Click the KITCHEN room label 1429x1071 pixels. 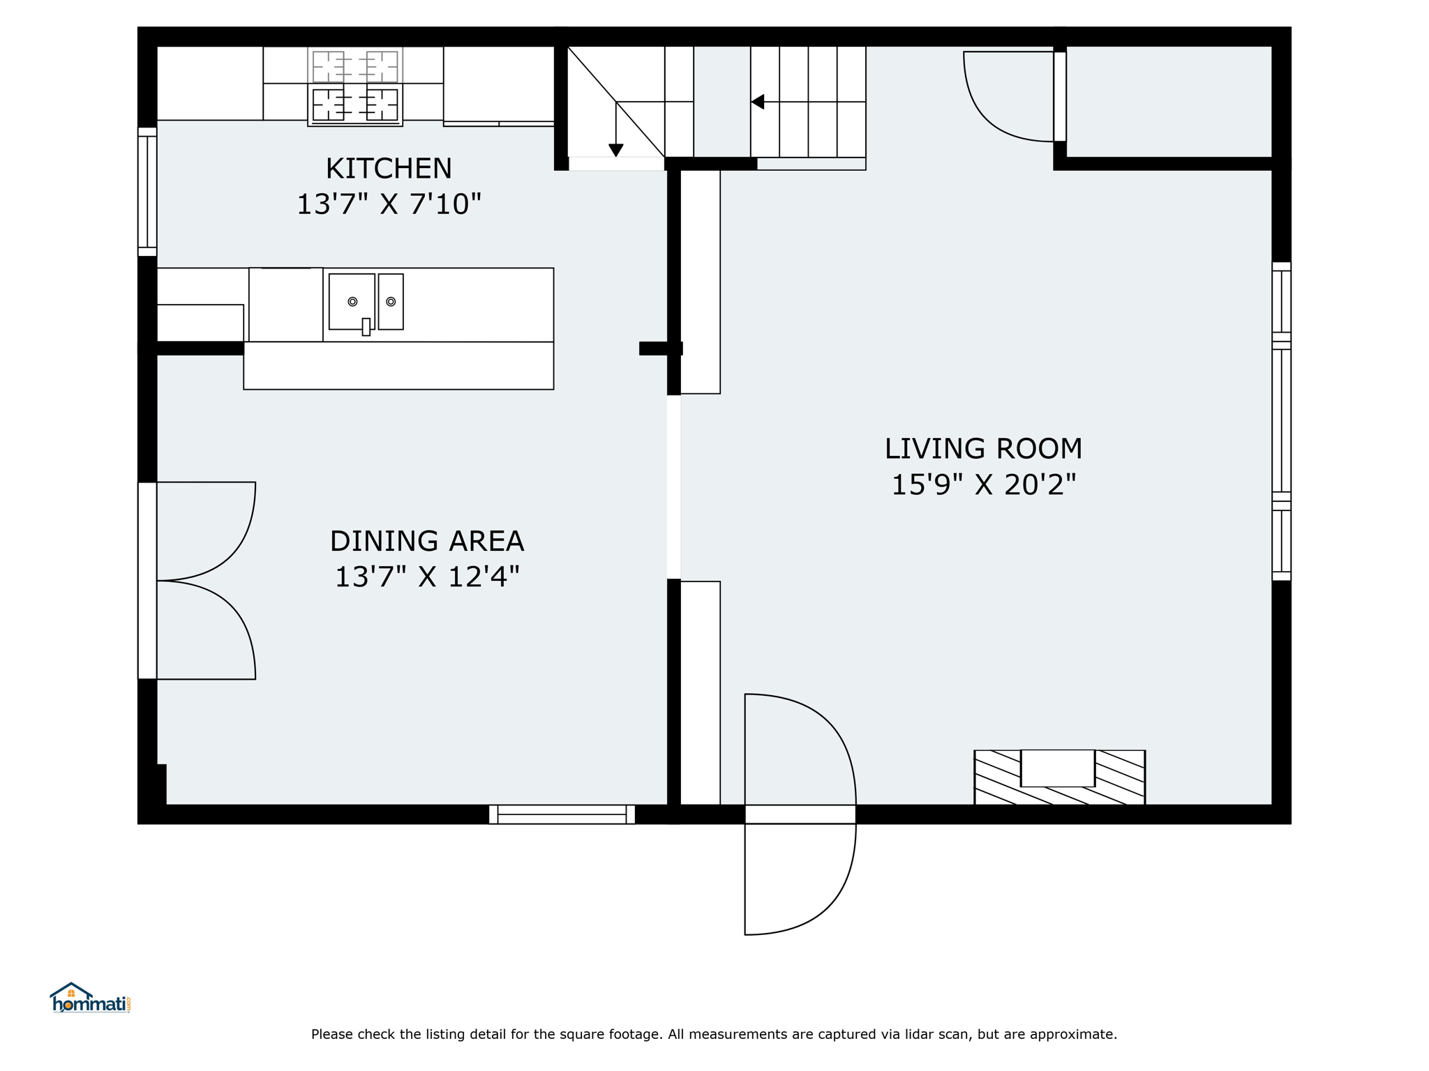pos(389,169)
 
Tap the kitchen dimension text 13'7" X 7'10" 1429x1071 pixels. pos(389,204)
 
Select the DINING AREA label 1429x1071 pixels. pos(427,541)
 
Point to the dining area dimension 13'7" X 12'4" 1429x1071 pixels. pos(427,577)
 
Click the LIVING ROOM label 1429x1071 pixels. pos(983,449)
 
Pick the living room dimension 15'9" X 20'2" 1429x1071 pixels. pos(984,485)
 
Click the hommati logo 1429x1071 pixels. pos(90,998)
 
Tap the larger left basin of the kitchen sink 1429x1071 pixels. pos(352,301)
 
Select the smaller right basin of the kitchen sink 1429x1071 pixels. pos(391,301)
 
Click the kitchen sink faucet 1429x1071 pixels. pos(366,326)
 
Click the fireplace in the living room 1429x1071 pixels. pos(1059,777)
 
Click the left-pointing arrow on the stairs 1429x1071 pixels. pos(758,102)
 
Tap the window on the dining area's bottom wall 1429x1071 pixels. pos(562,814)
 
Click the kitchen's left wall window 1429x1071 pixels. pos(147,192)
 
